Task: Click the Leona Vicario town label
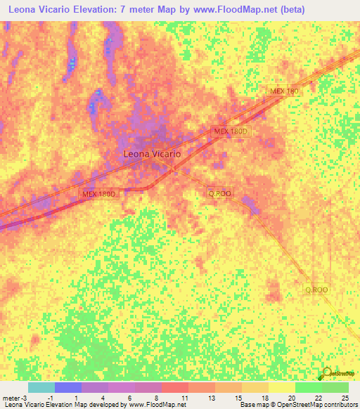click(153, 153)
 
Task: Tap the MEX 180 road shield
click(284, 92)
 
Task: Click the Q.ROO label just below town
click(219, 193)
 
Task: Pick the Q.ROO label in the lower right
click(316, 289)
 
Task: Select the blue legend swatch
click(68, 387)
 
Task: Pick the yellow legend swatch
click(282, 387)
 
